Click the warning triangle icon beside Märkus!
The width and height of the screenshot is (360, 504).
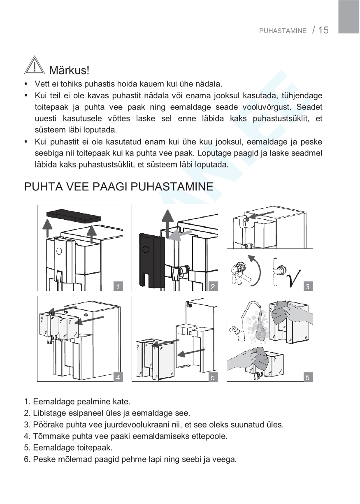(35, 66)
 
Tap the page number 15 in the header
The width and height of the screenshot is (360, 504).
(323, 30)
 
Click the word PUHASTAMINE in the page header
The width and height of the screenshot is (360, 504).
(283, 31)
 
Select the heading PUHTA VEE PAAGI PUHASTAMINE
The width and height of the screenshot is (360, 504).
(118, 187)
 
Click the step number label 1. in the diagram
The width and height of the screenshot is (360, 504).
(118, 286)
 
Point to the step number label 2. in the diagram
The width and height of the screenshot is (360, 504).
(213, 286)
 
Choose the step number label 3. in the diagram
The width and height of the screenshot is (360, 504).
(308, 286)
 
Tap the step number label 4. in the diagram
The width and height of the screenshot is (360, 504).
(118, 377)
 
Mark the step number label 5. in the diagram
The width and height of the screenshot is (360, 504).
(213, 377)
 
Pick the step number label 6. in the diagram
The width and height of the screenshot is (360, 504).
(308, 377)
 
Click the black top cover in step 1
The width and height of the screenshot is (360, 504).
(74, 216)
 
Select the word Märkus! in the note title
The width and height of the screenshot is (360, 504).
(69, 70)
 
